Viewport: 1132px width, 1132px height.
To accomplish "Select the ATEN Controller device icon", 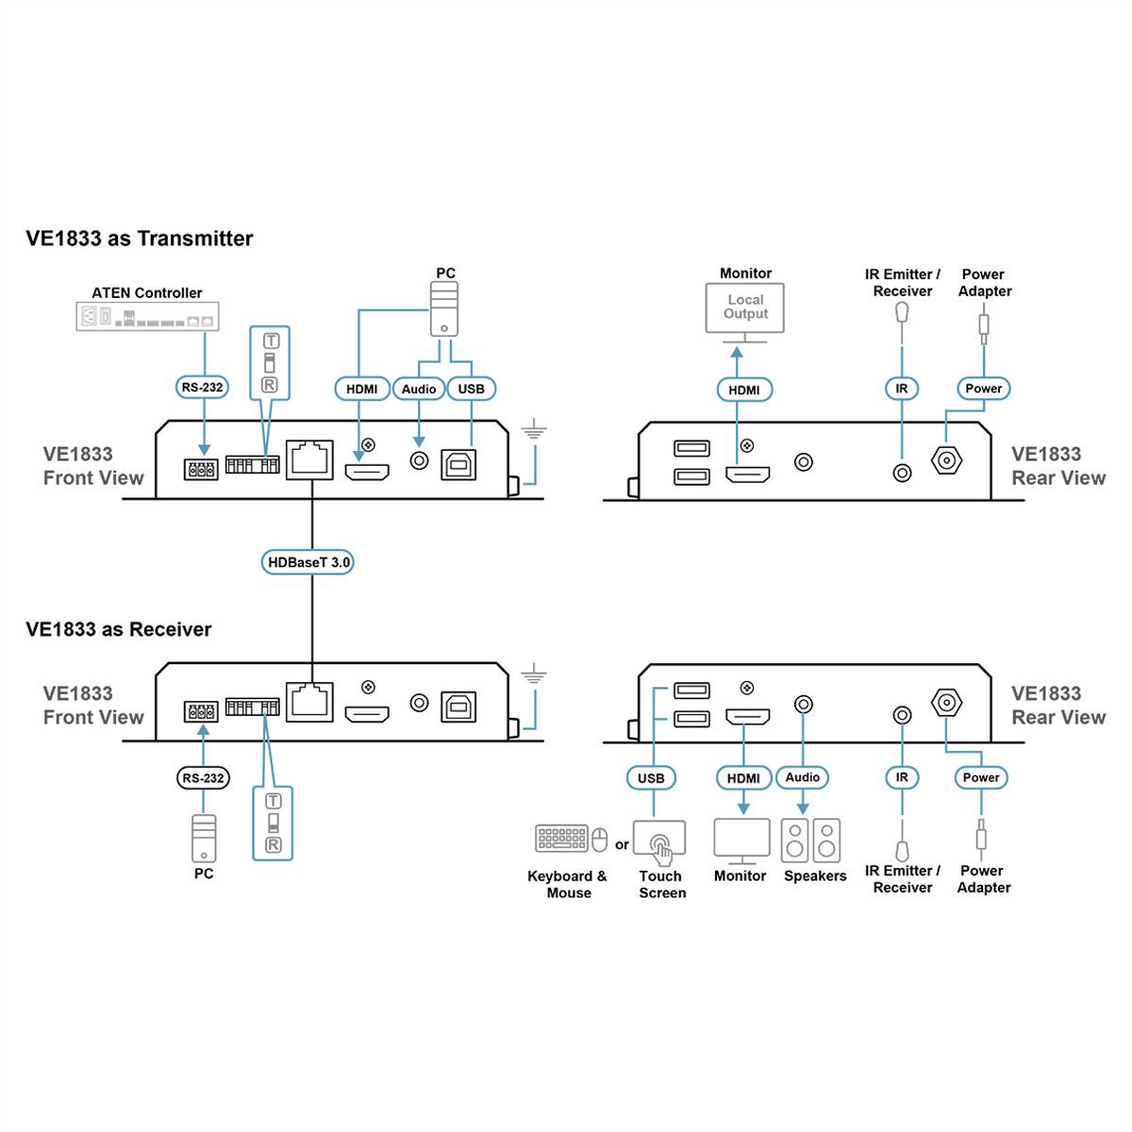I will tap(147, 316).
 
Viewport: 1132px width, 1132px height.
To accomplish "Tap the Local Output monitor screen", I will tap(745, 308).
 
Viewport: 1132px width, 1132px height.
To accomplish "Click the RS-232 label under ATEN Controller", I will tap(203, 387).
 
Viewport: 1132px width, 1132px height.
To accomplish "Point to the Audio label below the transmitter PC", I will tap(419, 389).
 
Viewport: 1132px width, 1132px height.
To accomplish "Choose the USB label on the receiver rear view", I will tap(651, 778).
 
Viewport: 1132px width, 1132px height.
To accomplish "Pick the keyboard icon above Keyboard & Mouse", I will tap(562, 838).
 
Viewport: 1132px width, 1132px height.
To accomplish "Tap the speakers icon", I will tap(810, 840).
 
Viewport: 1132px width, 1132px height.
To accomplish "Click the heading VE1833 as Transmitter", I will tap(140, 239).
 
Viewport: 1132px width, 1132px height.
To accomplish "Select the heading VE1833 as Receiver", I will tap(119, 629).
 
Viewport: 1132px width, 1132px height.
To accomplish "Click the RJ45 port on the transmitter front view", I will tap(309, 459).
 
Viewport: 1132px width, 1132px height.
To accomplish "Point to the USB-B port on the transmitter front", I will tap(458, 463).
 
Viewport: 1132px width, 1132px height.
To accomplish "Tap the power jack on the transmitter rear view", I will tap(946, 461).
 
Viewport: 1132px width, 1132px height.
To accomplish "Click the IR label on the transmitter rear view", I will tap(902, 389).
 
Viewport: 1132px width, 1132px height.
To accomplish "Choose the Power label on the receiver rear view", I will tap(981, 778).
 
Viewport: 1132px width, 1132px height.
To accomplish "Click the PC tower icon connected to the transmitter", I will tap(444, 308).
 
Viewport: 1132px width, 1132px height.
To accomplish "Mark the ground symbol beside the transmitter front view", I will tap(534, 432).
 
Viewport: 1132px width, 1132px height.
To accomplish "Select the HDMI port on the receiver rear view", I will tap(747, 717).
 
